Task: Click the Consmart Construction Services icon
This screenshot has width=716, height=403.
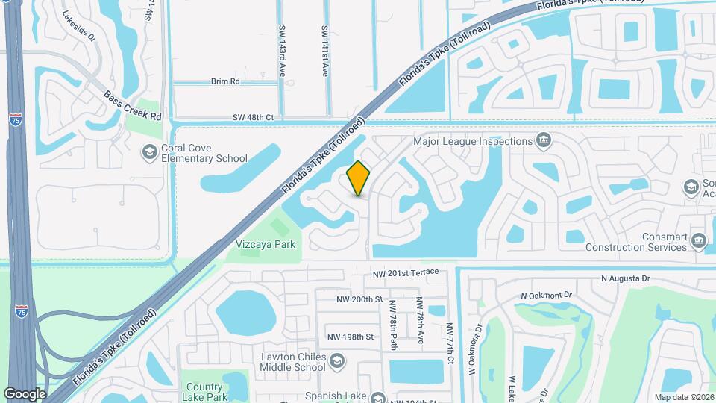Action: click(x=699, y=240)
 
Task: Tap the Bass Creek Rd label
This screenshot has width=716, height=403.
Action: click(x=133, y=106)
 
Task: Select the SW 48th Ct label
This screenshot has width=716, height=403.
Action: click(x=254, y=117)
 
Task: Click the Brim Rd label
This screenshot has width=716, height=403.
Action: click(x=224, y=81)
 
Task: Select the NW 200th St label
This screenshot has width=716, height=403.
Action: click(x=359, y=299)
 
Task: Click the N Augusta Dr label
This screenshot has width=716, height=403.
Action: click(x=626, y=278)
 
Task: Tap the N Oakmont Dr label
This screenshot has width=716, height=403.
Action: click(x=545, y=296)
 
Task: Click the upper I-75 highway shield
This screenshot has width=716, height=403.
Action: click(x=16, y=119)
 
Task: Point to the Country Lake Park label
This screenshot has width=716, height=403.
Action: click(x=204, y=392)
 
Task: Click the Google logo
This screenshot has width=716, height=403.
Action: click(x=25, y=393)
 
